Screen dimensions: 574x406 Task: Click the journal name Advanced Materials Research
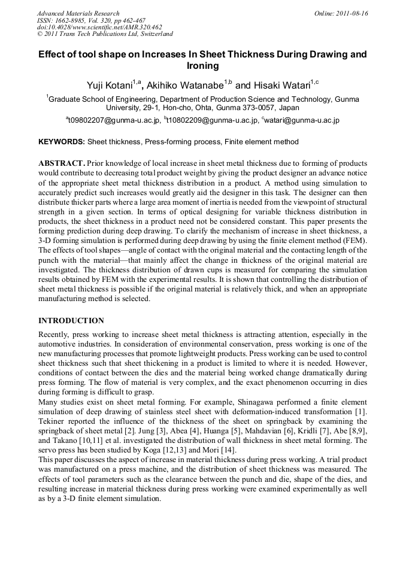pos(78,13)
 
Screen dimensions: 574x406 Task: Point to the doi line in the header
pos(99,27)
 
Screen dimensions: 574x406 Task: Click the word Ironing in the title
pos(203,66)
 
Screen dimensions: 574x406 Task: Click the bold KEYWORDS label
pos(62,142)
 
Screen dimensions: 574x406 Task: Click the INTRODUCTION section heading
pos(71,321)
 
